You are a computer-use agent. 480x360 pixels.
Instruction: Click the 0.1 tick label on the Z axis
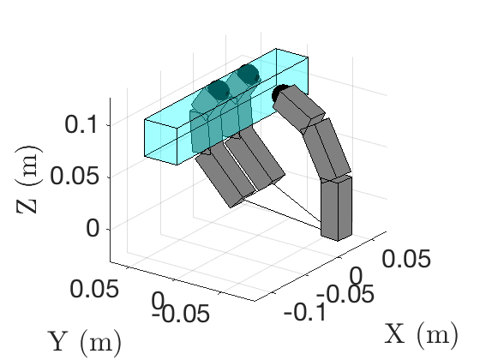coord(81,124)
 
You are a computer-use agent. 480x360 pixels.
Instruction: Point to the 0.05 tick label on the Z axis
coord(74,176)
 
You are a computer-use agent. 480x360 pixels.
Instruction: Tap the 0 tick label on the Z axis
coord(93,228)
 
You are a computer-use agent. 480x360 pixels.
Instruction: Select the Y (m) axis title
coord(85,342)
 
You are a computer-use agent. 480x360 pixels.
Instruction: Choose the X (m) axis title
coord(421,334)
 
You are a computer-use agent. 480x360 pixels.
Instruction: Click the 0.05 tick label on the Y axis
coord(94,289)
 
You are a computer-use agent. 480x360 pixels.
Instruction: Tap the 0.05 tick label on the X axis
coord(406,259)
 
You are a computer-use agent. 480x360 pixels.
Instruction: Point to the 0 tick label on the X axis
coord(356,276)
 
